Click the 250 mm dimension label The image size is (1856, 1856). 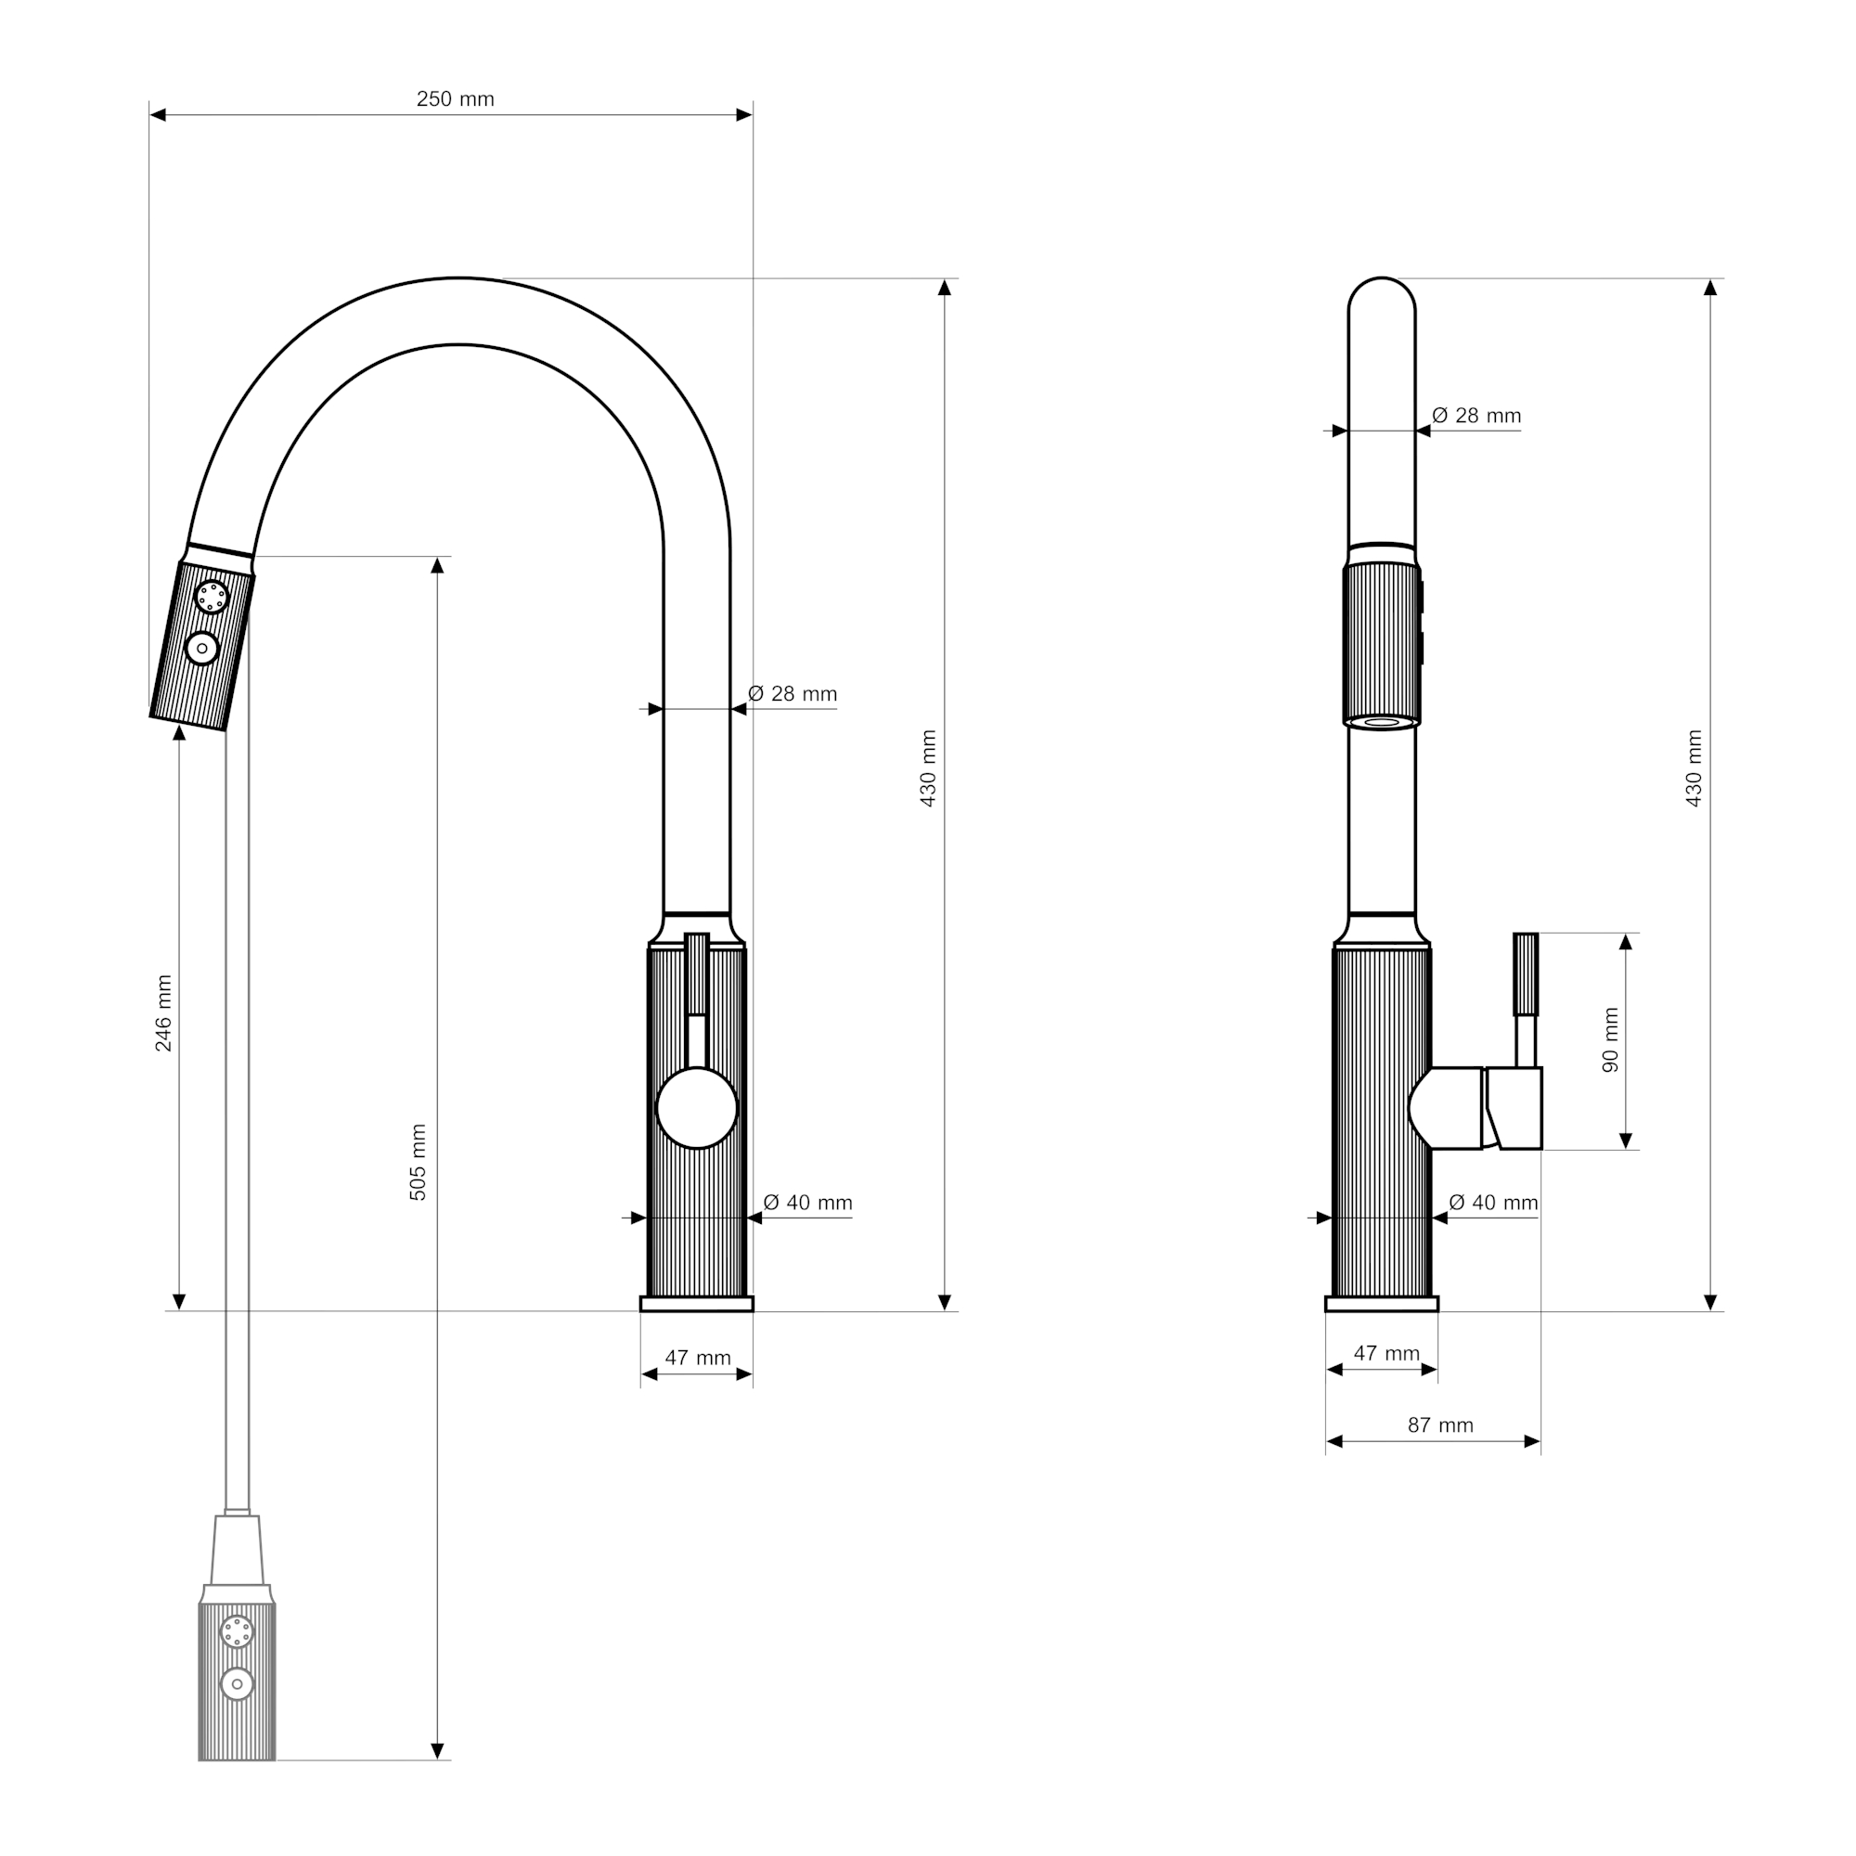click(455, 99)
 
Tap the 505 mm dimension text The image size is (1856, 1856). click(418, 1162)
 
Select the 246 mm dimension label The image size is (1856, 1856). click(163, 1012)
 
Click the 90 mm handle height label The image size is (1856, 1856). click(1611, 1039)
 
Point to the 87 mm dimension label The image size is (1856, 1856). click(1440, 1424)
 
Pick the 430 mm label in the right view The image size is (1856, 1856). click(1694, 767)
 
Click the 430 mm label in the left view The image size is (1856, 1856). click(928, 767)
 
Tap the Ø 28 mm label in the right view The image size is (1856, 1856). click(1476, 415)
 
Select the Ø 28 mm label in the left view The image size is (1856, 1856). click(793, 693)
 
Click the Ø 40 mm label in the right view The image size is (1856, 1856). click(1494, 1203)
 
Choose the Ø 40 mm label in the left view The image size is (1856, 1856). click(808, 1203)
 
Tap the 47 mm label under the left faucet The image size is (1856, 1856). click(699, 1358)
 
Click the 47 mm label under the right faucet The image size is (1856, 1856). click(1386, 1354)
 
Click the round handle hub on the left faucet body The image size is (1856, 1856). click(697, 1108)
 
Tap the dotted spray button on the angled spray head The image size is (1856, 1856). click(212, 597)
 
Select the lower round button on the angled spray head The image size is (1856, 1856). click(201, 649)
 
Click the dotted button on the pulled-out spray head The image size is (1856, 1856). click(237, 1631)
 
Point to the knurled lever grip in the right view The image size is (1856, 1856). click(1526, 974)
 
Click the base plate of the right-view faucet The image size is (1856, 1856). click(1382, 1304)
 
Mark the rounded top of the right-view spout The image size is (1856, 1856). click(1382, 294)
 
